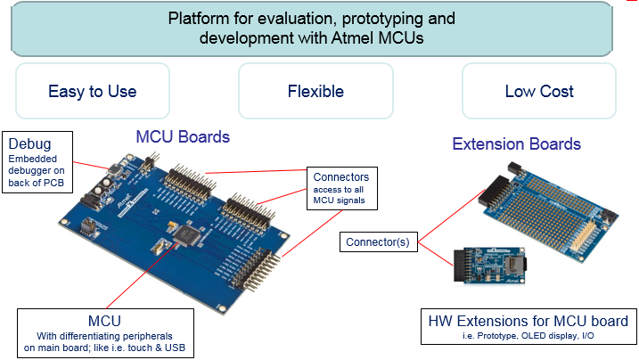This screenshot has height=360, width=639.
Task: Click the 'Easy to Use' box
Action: point(93,91)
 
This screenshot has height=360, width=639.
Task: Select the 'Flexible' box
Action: point(315,91)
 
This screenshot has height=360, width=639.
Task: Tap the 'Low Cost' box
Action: point(538,91)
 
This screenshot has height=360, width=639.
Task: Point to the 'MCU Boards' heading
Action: point(183,136)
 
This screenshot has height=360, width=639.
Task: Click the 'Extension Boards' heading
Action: point(516,143)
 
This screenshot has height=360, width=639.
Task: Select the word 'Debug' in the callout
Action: point(27,143)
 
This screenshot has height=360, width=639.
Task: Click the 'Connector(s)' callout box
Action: point(379,241)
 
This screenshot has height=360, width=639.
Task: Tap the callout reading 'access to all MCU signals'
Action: point(340,194)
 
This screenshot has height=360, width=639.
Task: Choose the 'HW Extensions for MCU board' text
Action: point(528,321)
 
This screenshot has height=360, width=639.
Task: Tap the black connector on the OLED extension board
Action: point(464,266)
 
